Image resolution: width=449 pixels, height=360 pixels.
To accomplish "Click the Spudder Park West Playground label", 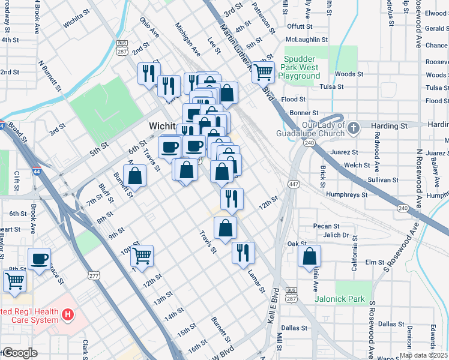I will [302, 68].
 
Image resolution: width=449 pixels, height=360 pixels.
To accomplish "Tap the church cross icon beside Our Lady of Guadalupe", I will [354, 127].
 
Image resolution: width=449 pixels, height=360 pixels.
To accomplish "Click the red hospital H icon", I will [68, 314].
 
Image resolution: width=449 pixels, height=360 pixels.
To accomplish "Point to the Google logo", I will [20, 353].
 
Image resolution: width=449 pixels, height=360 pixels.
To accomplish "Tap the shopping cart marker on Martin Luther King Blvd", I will [263, 73].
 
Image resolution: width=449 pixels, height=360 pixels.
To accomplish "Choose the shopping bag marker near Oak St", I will [309, 256].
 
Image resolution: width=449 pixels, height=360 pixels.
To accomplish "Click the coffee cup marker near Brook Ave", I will [40, 259].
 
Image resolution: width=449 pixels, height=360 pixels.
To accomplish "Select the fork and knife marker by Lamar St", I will [244, 251].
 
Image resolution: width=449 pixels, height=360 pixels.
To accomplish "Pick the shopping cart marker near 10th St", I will [142, 256].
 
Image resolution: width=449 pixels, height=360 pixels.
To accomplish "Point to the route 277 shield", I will [93, 275].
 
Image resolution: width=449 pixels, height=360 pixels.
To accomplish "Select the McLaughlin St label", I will [307, 40].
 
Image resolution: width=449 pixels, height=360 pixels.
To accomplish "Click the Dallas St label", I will [294, 328].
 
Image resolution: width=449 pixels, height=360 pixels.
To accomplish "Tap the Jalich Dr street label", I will [337, 235].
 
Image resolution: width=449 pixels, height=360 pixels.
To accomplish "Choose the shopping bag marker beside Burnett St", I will [136, 176].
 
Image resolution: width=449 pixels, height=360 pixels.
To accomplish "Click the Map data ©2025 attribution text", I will [423, 355].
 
